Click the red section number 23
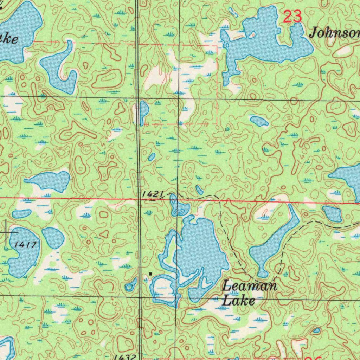pyautogui.click(x=292, y=17)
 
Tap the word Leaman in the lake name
pyautogui.click(x=250, y=285)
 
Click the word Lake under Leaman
pyautogui.click(x=239, y=301)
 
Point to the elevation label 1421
pyautogui.click(x=154, y=194)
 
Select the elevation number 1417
pyautogui.click(x=26, y=244)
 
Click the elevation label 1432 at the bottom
pyautogui.click(x=125, y=356)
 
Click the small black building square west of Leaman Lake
pyautogui.click(x=150, y=273)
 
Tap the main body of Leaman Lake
pyautogui.click(x=202, y=250)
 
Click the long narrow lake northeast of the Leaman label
pyautogui.click(x=274, y=243)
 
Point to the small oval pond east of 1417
pyautogui.click(x=53, y=237)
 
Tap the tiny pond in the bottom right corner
pyautogui.click(x=316, y=330)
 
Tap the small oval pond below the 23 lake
pyautogui.click(x=259, y=121)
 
